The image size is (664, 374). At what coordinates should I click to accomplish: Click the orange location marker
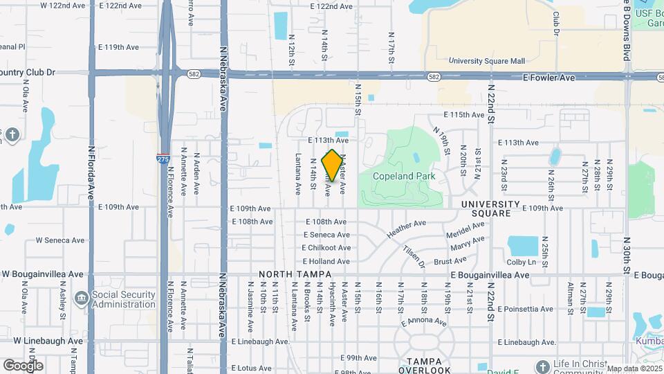(x=333, y=166)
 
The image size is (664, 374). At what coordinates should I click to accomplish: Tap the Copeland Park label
(x=405, y=176)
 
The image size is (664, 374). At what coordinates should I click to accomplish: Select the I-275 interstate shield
(x=163, y=159)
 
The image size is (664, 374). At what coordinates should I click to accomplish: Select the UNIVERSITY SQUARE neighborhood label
(x=490, y=208)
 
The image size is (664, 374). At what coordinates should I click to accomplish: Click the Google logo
(x=23, y=365)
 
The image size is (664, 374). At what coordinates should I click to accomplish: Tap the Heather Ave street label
(x=407, y=229)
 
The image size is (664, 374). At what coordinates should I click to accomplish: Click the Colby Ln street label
(x=522, y=262)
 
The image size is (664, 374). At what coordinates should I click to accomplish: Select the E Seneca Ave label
(x=326, y=235)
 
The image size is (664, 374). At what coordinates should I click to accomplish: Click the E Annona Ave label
(x=423, y=321)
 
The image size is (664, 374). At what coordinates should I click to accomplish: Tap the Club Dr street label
(x=555, y=21)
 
